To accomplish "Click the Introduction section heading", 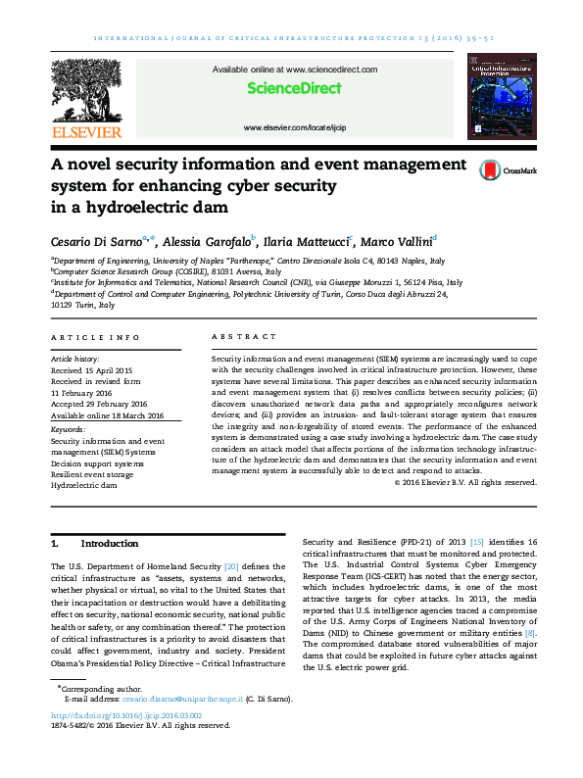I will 109,543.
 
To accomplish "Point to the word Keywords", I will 67,429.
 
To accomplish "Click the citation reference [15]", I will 476,542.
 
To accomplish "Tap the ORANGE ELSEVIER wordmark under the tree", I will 87,132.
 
